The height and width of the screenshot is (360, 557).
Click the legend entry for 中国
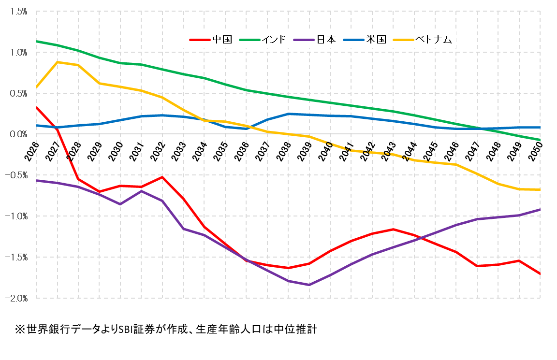point(222,39)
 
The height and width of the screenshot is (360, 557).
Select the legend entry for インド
point(275,39)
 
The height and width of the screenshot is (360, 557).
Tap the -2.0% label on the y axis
point(16,299)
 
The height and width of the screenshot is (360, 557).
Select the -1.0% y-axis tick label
point(16,216)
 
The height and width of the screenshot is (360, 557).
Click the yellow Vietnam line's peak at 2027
point(58,62)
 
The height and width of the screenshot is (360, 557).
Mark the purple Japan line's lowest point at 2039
point(309,285)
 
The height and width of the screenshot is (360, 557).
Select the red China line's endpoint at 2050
point(540,274)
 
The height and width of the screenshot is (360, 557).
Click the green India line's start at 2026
point(37,41)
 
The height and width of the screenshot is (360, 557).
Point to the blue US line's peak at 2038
point(288,114)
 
